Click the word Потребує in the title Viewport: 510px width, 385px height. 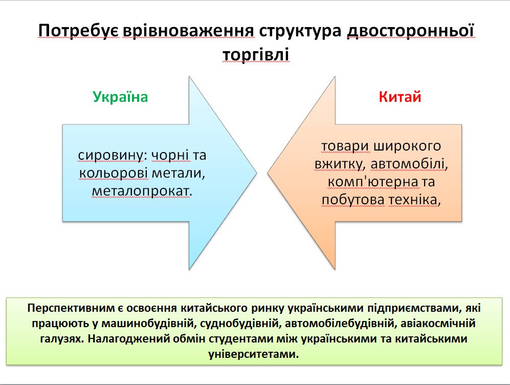pyautogui.click(x=79, y=31)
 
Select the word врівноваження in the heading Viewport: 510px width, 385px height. pyautogui.click(x=189, y=31)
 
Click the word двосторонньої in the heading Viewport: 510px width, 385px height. pyautogui.click(x=410, y=31)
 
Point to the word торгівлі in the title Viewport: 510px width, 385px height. pyautogui.click(x=256, y=55)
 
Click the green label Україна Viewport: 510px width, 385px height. pyautogui.click(x=120, y=97)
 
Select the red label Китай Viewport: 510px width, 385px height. pyautogui.click(x=400, y=97)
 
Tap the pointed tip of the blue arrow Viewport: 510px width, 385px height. pyautogui.click(x=257, y=173)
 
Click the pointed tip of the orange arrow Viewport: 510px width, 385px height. pyautogui.click(x=268, y=173)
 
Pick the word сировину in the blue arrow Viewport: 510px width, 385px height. pyautogui.click(x=110, y=156)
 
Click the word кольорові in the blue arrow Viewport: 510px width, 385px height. pyautogui.click(x=114, y=173)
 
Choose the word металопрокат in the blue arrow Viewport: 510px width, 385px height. pyautogui.click(x=140, y=191)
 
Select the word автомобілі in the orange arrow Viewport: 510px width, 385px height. pyautogui.click(x=408, y=164)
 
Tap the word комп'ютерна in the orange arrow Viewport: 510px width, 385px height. pyautogui.click(x=373, y=182)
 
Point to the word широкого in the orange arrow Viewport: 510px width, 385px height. pyautogui.click(x=407, y=146)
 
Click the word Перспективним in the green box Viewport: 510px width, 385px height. pyautogui.click(x=71, y=308)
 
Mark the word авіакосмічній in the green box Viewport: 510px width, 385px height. pyautogui.click(x=438, y=324)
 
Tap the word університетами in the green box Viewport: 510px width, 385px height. pyautogui.click(x=254, y=354)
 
